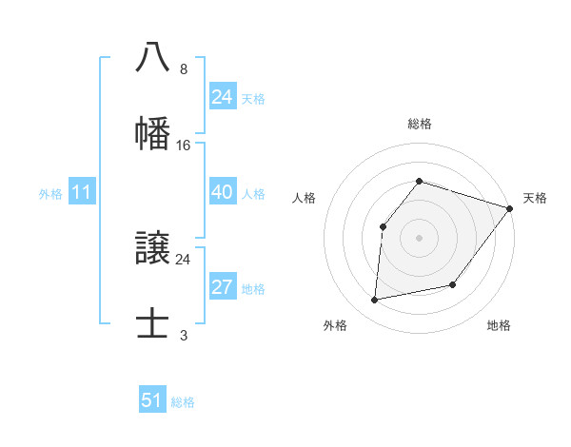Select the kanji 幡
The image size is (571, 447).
click(x=153, y=133)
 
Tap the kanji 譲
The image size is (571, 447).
click(x=153, y=248)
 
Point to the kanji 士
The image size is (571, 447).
click(x=153, y=323)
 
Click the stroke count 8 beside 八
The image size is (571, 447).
click(x=184, y=69)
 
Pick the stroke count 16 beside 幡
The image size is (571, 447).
click(x=184, y=146)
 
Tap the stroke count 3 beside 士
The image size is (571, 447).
click(x=184, y=336)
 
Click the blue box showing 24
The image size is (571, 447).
click(x=222, y=97)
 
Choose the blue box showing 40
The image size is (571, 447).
click(x=222, y=192)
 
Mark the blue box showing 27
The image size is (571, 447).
click(x=222, y=287)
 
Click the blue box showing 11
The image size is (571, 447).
click(x=81, y=192)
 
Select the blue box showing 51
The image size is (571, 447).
click(x=152, y=400)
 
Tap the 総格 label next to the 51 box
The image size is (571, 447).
click(x=183, y=402)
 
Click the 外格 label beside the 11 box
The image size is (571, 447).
click(x=50, y=194)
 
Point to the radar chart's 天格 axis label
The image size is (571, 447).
click(x=535, y=198)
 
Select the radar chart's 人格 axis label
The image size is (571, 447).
click(x=305, y=198)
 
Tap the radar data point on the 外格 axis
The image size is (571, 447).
click(x=375, y=301)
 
